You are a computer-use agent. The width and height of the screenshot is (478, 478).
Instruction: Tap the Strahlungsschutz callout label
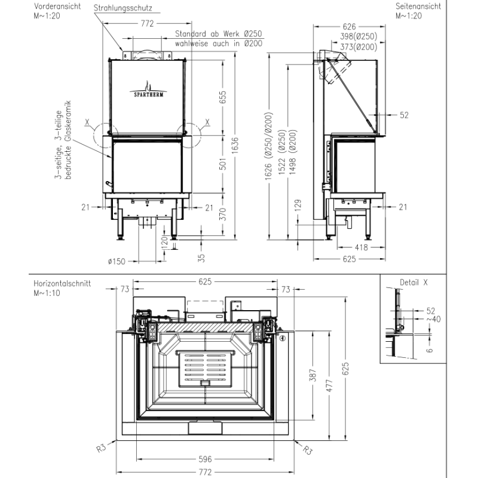(123, 8)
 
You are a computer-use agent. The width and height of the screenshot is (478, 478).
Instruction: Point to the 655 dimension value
(223, 97)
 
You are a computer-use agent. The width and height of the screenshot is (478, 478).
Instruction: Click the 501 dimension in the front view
(223, 164)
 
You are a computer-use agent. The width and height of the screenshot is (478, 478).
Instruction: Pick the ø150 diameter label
(117, 261)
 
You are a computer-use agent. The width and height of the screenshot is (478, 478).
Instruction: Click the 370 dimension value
(223, 214)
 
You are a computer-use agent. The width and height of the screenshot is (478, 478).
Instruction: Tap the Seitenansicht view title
(418, 6)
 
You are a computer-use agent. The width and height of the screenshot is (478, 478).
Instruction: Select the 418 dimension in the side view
(361, 247)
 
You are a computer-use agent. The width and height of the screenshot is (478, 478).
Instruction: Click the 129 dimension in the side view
(298, 205)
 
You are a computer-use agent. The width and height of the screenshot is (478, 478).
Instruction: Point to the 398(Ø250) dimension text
(358, 36)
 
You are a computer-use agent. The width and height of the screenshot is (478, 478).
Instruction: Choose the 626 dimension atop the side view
(349, 26)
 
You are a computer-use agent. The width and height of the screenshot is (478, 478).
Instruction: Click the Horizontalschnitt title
(62, 283)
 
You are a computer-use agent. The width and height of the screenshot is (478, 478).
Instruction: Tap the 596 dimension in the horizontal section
(205, 459)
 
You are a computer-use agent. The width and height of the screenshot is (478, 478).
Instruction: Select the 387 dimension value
(312, 375)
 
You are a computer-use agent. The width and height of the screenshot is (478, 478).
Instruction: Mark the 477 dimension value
(329, 385)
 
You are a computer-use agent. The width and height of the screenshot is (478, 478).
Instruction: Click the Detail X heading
(413, 283)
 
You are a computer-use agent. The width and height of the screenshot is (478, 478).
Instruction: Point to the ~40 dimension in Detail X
(433, 319)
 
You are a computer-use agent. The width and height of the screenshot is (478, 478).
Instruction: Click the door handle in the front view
(109, 183)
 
